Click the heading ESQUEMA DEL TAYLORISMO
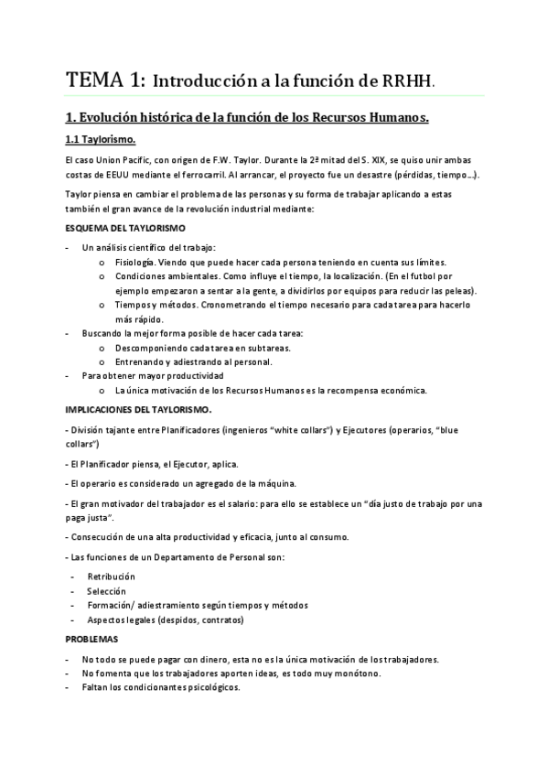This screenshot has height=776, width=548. (x=125, y=227)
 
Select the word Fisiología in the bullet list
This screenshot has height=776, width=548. (x=134, y=261)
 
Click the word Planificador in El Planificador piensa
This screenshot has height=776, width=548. (x=107, y=464)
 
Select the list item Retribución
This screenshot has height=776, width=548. (x=111, y=576)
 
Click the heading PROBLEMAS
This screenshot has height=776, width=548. (x=91, y=639)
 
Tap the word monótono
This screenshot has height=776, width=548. (x=357, y=673)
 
